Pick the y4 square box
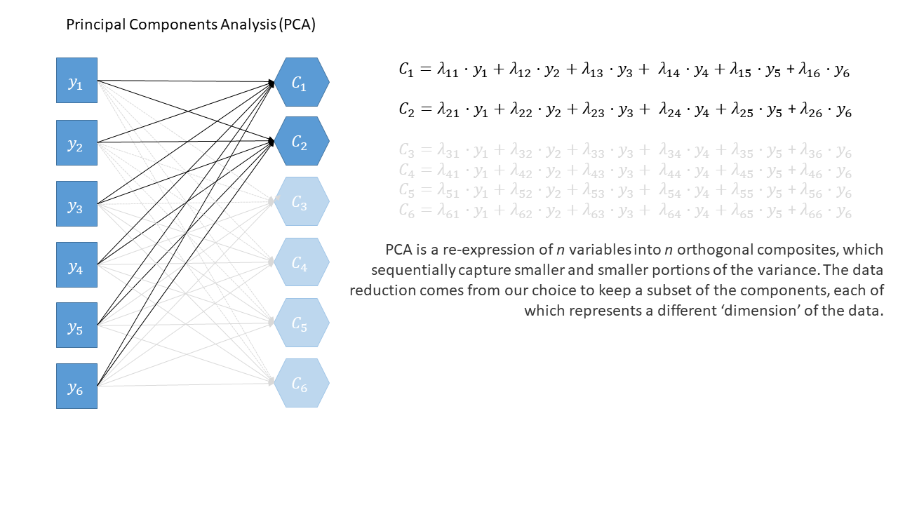coord(76,265)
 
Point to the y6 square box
coord(76,386)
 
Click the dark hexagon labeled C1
coord(301,83)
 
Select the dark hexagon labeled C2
coord(301,142)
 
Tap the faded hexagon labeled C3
coord(301,202)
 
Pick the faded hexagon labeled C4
coord(301,262)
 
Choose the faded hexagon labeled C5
coord(301,323)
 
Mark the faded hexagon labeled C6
coord(301,383)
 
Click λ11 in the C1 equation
coord(450,70)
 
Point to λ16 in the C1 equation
coord(815,70)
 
